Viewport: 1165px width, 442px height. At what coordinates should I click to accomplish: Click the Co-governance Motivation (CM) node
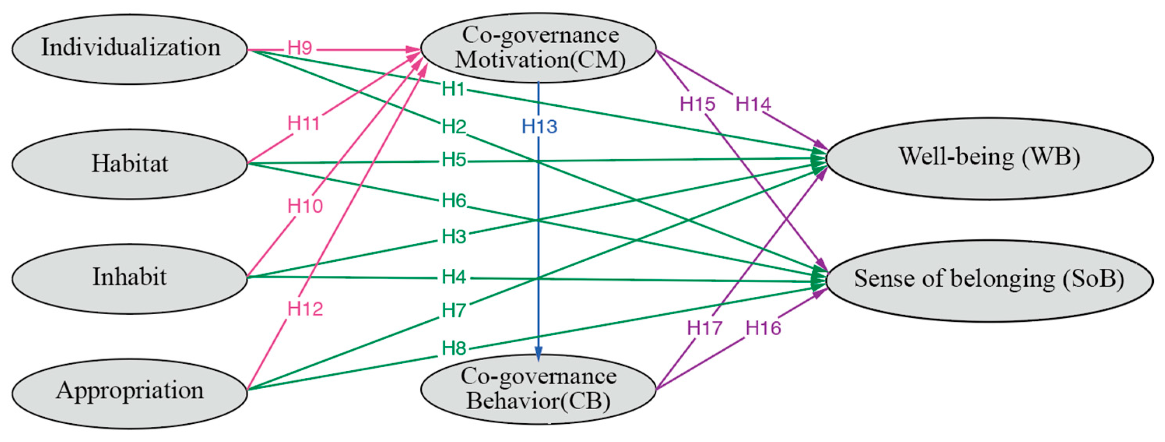click(x=539, y=48)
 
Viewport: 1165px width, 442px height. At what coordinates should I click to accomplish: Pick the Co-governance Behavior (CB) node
click(x=539, y=389)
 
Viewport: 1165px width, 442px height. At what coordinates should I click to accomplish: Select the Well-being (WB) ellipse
click(x=989, y=158)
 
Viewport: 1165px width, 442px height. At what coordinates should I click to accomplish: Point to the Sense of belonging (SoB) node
click(x=989, y=280)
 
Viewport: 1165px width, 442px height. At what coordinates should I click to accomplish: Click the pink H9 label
click(x=300, y=48)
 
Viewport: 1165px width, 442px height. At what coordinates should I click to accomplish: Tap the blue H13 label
click(x=539, y=127)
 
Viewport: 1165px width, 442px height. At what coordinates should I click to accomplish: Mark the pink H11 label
click(x=304, y=123)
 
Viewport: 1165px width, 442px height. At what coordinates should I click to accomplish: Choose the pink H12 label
click(x=305, y=309)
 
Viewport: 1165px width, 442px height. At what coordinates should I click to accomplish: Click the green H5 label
click(x=454, y=160)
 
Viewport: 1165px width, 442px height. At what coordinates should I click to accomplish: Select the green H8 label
click(x=454, y=349)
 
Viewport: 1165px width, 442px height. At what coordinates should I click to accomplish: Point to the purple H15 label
click(x=698, y=104)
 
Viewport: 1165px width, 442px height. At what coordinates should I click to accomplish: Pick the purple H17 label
click(x=705, y=328)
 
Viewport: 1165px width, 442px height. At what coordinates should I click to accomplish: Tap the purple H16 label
click(x=763, y=328)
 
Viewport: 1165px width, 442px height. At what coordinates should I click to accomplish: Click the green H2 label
click(x=454, y=127)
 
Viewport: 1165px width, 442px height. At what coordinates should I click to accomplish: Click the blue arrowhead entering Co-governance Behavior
click(x=539, y=353)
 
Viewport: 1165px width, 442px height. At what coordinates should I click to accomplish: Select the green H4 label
click(x=454, y=277)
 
